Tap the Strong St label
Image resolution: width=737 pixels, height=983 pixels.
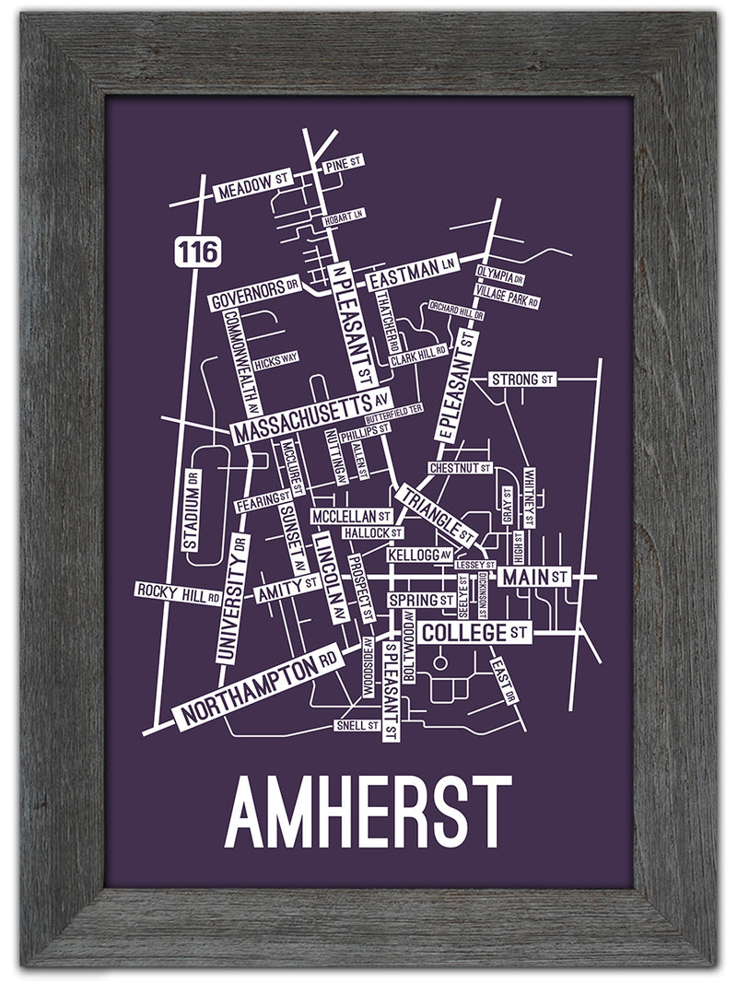coord(522,380)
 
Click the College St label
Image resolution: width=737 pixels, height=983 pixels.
coord(474,633)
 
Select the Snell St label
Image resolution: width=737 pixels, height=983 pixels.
coord(358,726)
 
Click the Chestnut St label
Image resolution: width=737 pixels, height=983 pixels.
coord(460,468)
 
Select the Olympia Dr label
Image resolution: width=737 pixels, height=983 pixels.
coord(500,275)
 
